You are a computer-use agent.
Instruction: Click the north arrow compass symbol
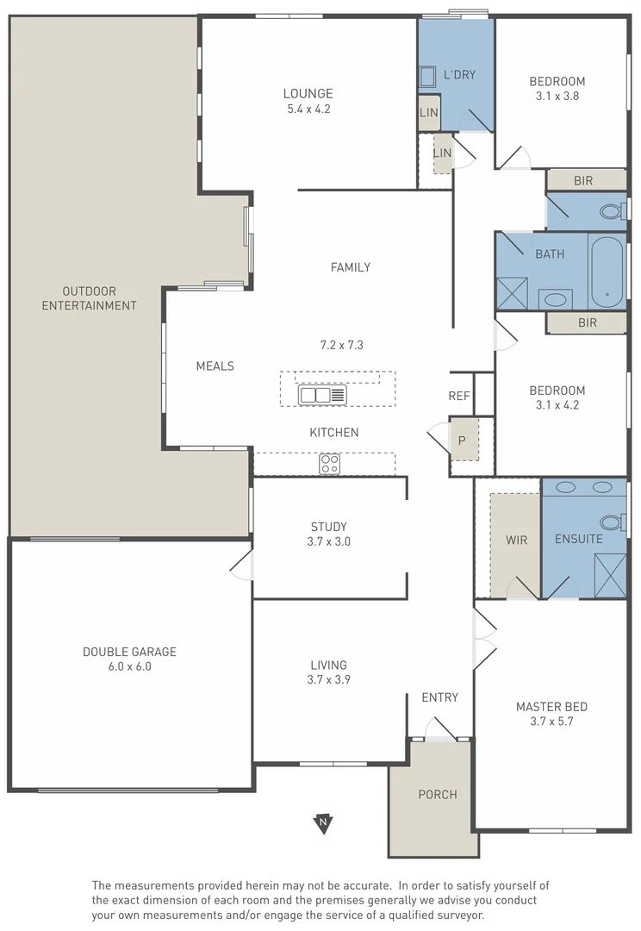click(323, 823)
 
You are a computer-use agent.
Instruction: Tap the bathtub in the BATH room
click(607, 272)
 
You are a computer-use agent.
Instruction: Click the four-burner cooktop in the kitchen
click(329, 464)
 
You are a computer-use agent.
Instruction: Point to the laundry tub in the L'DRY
click(427, 77)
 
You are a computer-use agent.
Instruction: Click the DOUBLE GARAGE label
click(129, 652)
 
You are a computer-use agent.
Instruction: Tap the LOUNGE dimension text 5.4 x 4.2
click(308, 109)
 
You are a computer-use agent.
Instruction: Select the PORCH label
click(438, 794)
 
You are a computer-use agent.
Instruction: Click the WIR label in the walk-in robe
click(516, 540)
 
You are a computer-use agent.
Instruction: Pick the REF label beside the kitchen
click(459, 396)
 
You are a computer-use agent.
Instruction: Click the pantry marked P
click(462, 441)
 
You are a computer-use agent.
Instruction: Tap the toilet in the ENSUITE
click(611, 522)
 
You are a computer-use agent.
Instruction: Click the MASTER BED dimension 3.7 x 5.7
click(551, 721)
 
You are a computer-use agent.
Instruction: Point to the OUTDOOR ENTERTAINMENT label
click(89, 298)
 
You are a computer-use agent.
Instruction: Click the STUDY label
click(329, 527)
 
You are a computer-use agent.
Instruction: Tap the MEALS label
click(215, 366)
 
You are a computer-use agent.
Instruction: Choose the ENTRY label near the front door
click(439, 697)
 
